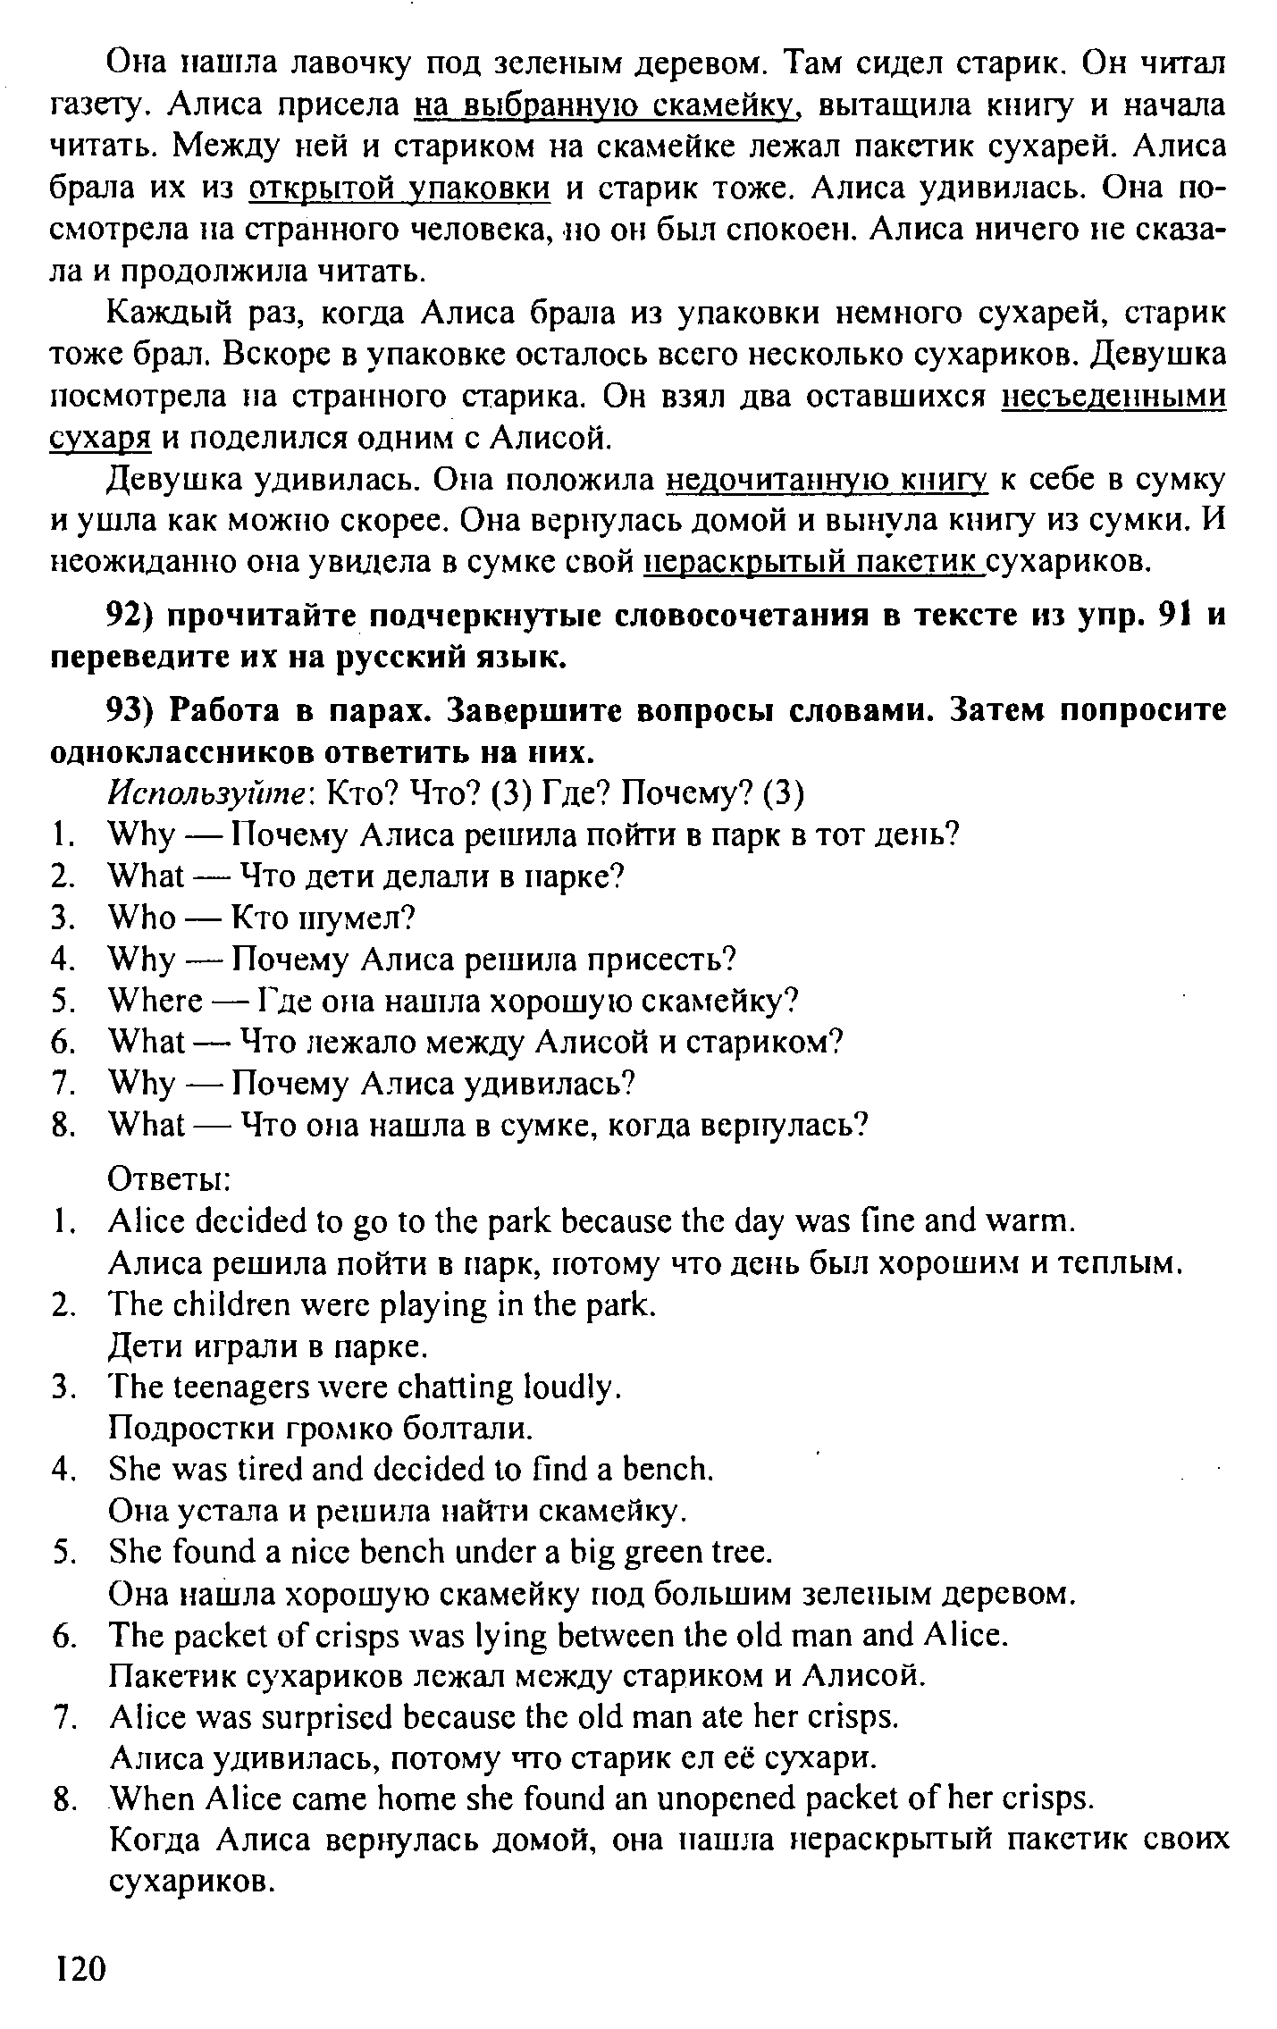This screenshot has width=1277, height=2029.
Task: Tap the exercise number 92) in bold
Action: coord(133,616)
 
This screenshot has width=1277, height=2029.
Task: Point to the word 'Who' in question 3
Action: coord(141,918)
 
